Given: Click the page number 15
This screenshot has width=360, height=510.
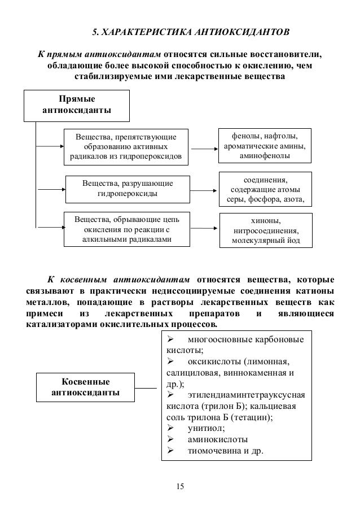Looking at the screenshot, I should [180, 486].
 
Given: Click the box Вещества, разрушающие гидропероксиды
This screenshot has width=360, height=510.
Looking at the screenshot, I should [128, 189].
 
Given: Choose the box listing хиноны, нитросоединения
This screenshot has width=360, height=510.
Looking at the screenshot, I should [265, 230].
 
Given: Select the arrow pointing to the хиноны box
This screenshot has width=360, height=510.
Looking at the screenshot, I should [204, 229].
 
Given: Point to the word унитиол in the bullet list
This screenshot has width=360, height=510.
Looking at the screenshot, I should [195, 428].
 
